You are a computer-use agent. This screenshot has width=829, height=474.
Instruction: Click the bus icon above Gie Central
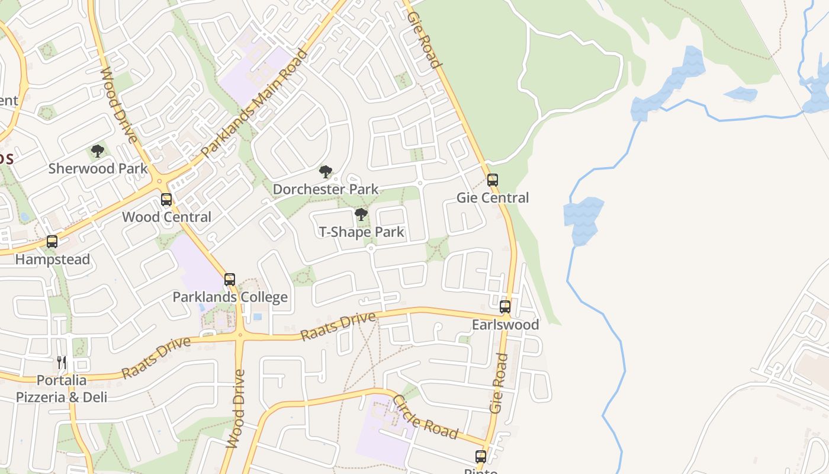click(492, 180)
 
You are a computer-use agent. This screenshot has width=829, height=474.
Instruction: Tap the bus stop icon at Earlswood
click(505, 307)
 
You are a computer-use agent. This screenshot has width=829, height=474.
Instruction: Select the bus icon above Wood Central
click(166, 200)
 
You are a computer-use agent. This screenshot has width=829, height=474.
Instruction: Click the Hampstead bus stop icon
click(52, 242)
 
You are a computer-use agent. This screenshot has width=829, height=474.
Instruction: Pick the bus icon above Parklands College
click(230, 280)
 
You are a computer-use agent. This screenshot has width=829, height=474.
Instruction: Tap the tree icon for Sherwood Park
click(98, 151)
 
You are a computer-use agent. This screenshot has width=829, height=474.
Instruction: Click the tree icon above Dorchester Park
click(325, 172)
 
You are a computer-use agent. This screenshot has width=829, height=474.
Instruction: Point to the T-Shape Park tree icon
click(361, 214)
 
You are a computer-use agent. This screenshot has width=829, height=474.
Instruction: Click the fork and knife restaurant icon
click(62, 363)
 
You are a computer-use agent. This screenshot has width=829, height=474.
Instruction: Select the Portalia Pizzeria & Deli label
click(62, 389)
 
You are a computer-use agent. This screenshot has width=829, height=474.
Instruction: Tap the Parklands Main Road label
click(255, 103)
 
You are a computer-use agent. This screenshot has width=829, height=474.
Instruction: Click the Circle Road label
click(425, 417)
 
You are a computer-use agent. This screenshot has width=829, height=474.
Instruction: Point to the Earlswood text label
click(505, 325)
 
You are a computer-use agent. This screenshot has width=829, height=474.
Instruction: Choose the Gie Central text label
click(493, 198)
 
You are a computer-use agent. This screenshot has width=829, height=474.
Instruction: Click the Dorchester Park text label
click(325, 190)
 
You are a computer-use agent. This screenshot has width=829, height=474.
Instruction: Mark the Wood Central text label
click(166, 217)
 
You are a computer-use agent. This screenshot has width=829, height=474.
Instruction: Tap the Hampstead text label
click(52, 260)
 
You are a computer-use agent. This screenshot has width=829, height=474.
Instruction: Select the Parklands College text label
click(230, 297)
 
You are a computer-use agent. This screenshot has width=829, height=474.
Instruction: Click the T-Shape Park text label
click(361, 232)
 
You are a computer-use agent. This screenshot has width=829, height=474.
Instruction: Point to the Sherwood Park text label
click(98, 168)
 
